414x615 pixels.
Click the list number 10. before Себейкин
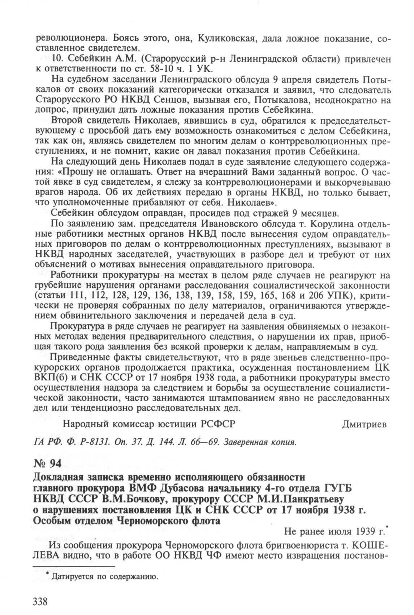[58, 58]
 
